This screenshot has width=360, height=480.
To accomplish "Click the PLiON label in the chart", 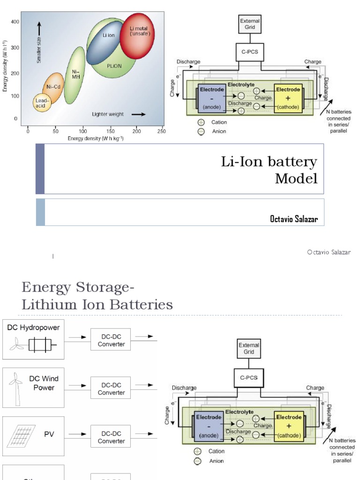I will tap(113, 66).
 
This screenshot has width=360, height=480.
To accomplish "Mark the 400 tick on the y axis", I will tap(15, 22).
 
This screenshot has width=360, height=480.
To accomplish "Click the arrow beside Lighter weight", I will tap(138, 114).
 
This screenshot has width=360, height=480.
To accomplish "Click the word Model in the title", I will tap(296, 179).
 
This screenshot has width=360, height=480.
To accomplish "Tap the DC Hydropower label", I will tap(33, 328).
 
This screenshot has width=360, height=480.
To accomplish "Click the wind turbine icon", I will tap(16, 388).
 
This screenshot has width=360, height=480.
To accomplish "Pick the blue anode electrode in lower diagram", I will tap(208, 426).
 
